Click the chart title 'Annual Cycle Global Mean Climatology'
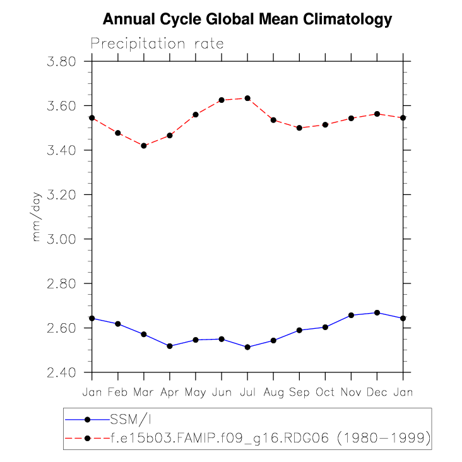coord(247,20)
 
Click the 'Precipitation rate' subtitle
coord(157,44)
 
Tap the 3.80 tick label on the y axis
coord(61,62)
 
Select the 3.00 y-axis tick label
coord(61,239)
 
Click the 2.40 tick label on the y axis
coord(61,372)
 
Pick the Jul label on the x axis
coord(247,392)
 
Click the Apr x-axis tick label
coord(170,392)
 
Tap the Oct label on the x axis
coord(325,392)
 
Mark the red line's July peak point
coord(247,98)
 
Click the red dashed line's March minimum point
coord(144,146)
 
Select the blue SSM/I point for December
coord(377,313)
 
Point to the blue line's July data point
coord(247,347)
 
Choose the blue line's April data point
coord(170,346)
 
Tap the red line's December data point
coord(377,114)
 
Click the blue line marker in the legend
coord(88,419)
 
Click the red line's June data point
coord(222,100)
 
